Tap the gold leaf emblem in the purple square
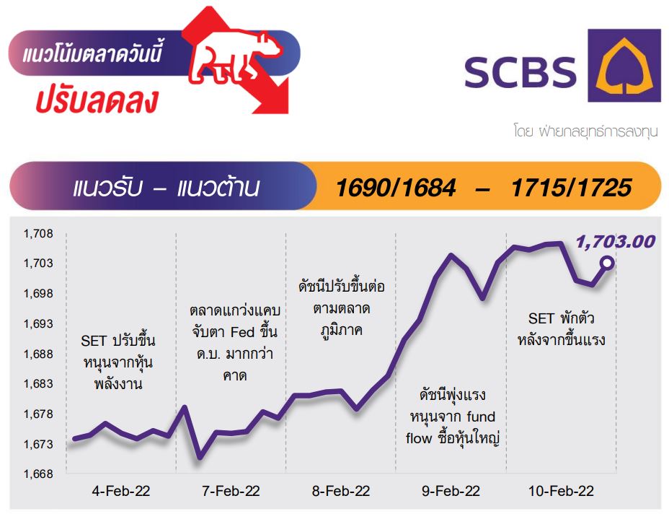624,66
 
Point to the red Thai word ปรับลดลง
97,100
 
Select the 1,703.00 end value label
615,242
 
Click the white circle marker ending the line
607,263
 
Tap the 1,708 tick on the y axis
38,234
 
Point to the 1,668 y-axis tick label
38,474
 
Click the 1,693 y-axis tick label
38,324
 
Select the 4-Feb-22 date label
121,491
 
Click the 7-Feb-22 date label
231,491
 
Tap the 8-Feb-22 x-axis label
341,491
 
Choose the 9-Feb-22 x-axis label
451,491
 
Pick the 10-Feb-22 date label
561,491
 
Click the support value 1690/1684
396,188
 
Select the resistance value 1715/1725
571,188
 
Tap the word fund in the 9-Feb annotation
481,417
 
